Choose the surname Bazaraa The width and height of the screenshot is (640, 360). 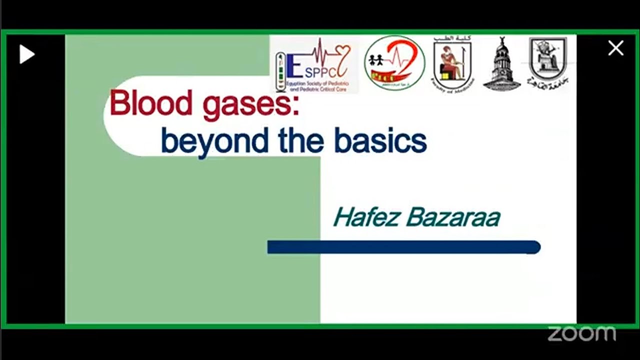coord(453,217)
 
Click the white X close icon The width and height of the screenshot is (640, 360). coord(615,48)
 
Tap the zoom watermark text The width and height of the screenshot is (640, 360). coord(581,333)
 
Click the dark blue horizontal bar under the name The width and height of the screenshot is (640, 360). coord(403,247)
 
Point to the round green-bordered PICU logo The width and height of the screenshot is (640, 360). coord(394,63)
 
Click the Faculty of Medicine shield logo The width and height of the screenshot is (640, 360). coord(452,65)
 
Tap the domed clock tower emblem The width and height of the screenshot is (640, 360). coord(501,65)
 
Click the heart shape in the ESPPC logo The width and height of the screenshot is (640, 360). coord(343,51)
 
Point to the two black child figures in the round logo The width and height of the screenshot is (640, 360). coord(376,60)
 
